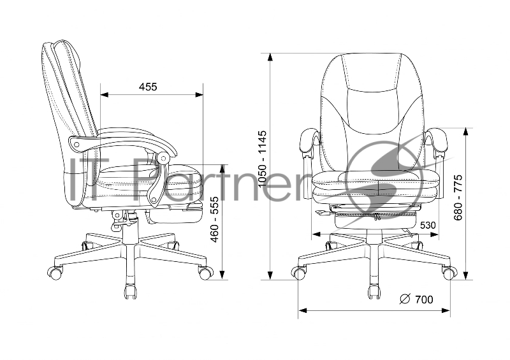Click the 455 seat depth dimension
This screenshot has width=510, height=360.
[148, 87]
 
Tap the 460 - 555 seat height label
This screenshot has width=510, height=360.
[214, 220]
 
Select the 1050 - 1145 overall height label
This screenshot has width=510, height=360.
[262, 159]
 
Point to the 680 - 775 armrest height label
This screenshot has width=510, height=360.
[458, 198]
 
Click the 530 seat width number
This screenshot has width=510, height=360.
[428, 226]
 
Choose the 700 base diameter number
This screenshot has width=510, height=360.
[424, 299]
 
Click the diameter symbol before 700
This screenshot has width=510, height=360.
[405, 299]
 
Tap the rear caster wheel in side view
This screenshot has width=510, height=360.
[55, 272]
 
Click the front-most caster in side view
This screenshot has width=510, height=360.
[206, 273]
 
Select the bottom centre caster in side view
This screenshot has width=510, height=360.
[131, 291]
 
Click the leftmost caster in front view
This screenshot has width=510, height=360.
[298, 273]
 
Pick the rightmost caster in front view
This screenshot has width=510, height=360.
[450, 273]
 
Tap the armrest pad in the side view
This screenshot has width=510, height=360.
[122, 143]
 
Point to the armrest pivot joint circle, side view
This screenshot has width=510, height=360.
[162, 159]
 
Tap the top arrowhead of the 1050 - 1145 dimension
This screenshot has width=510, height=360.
[270, 57]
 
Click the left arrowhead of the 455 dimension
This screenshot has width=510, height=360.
[104, 95]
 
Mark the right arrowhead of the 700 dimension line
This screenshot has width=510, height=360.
[446, 310]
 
